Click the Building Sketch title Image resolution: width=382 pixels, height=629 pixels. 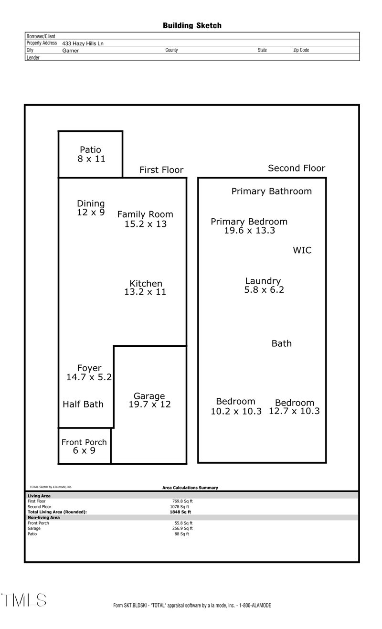(x=192, y=26)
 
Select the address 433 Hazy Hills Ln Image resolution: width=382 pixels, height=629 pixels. (x=83, y=43)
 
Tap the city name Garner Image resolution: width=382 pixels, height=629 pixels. (x=70, y=50)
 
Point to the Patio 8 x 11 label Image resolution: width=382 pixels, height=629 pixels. (x=91, y=154)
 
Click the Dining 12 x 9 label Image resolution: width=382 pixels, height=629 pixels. (x=91, y=208)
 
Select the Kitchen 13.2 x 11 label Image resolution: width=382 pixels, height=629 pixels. (x=146, y=288)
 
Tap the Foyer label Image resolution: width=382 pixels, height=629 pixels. (x=89, y=373)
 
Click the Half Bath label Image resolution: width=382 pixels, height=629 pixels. (x=83, y=404)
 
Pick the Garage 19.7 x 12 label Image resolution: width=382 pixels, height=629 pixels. (x=149, y=400)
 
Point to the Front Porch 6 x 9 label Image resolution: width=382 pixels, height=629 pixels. (x=84, y=446)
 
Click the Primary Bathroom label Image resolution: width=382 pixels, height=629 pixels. (x=271, y=192)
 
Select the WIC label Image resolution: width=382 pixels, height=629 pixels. (x=302, y=250)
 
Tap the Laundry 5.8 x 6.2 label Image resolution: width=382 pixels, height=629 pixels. (x=263, y=285)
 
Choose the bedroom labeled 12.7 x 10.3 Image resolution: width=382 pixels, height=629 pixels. (x=294, y=406)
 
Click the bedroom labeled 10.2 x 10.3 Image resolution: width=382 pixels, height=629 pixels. (x=236, y=406)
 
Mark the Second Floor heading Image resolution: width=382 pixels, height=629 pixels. (x=296, y=168)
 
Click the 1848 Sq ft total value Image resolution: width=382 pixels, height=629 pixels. (x=177, y=512)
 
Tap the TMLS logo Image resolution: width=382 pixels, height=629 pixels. (x=24, y=600)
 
